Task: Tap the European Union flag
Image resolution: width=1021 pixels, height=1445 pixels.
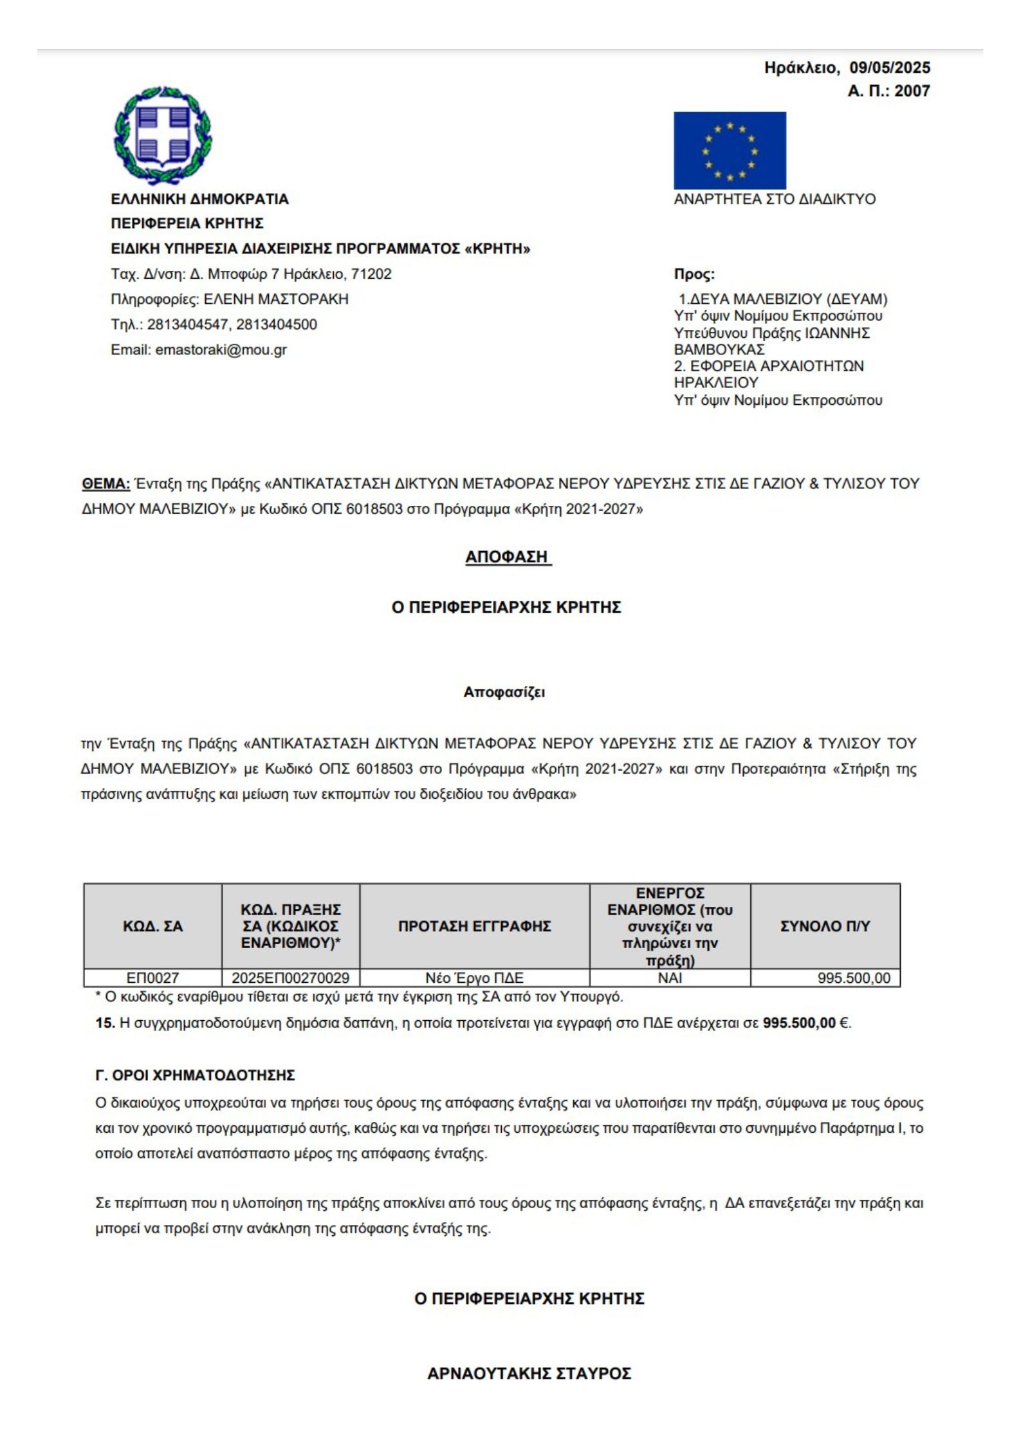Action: (x=729, y=150)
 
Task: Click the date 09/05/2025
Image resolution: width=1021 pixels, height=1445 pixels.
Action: (x=889, y=68)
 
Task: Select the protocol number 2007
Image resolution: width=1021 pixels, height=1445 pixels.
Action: (x=912, y=91)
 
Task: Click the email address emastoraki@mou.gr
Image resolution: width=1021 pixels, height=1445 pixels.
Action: (x=221, y=350)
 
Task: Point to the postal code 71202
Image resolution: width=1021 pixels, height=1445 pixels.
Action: (x=371, y=274)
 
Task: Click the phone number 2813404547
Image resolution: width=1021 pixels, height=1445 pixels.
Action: (x=187, y=324)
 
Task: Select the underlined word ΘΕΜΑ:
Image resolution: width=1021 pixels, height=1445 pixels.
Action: (x=106, y=483)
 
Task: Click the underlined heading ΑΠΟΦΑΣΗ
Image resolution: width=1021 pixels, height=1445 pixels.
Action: (x=508, y=557)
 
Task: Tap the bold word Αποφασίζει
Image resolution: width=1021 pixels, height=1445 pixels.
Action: (x=504, y=693)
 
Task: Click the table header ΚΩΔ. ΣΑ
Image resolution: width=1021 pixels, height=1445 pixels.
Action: (x=152, y=926)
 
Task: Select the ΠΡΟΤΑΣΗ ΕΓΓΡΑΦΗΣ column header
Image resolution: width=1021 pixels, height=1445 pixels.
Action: (x=474, y=926)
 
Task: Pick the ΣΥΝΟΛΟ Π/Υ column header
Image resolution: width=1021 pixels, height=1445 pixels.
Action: (x=825, y=926)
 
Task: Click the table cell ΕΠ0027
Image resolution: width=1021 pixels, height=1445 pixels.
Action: (x=152, y=978)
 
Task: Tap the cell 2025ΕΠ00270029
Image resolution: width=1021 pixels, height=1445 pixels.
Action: (x=290, y=978)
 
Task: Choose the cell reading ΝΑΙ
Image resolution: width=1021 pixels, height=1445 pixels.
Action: (x=670, y=978)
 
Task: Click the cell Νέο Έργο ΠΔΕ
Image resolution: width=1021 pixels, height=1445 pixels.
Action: (x=474, y=978)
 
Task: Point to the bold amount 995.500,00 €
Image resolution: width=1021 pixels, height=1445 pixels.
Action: (x=806, y=1023)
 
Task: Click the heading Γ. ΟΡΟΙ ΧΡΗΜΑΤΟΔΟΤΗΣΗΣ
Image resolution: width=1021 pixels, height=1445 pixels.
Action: (x=195, y=1075)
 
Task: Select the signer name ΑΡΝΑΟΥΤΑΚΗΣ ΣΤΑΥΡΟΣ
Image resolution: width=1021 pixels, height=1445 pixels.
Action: (x=529, y=1374)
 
